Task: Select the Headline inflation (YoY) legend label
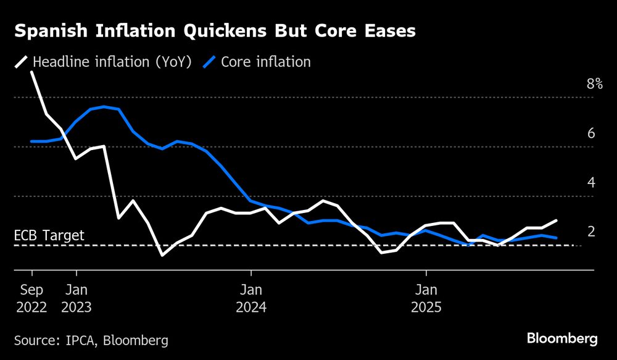[x=112, y=62]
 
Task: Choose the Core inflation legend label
[x=266, y=62]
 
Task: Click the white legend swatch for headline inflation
[x=21, y=62]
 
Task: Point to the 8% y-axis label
[x=594, y=84]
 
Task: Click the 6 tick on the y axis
[x=590, y=133]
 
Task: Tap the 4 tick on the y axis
[x=590, y=183]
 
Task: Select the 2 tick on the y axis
[x=590, y=232]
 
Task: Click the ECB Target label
[x=49, y=235]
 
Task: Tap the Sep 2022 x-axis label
[x=31, y=298]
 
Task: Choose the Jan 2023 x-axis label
[x=77, y=298]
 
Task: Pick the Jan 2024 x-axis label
[x=251, y=298]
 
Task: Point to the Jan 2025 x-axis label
[x=426, y=298]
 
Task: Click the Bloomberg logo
[x=561, y=338]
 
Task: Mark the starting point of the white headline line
[x=31, y=72]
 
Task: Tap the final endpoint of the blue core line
[x=557, y=238]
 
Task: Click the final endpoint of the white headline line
[x=557, y=220]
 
